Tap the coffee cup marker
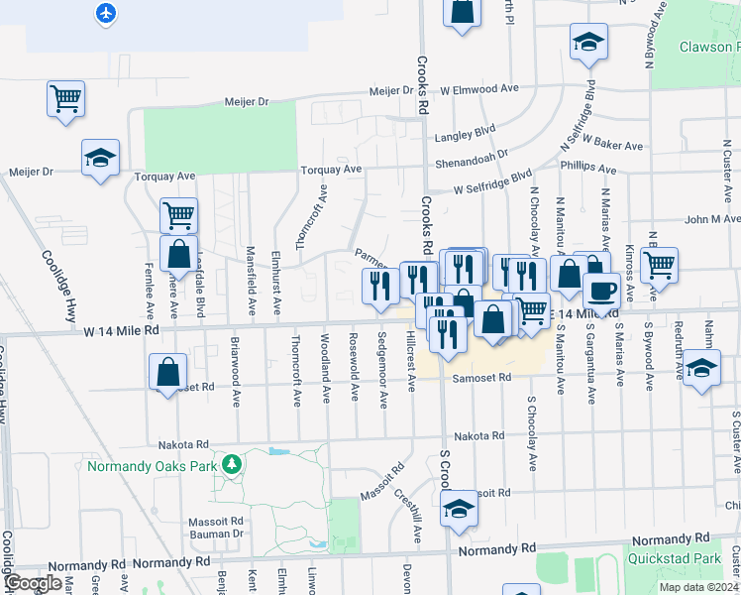(x=601, y=292)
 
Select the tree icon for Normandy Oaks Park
(x=231, y=463)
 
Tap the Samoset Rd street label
(x=482, y=377)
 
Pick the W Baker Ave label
(x=613, y=145)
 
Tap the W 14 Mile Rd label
(x=122, y=330)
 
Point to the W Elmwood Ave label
(x=479, y=88)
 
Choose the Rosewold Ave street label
(x=354, y=375)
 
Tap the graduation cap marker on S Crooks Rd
(x=459, y=508)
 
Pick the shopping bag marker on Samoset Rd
(x=168, y=372)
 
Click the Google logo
(x=33, y=583)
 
